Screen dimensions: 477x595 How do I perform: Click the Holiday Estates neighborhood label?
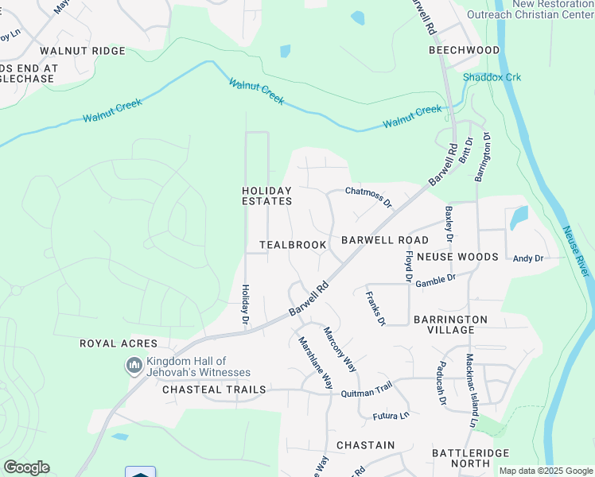coord(267,196)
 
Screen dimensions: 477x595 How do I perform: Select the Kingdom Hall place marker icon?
coord(134,366)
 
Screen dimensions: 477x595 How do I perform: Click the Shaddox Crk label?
coord(492,77)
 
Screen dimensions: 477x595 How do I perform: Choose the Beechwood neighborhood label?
coord(465,50)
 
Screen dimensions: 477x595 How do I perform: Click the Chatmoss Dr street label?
coord(368,196)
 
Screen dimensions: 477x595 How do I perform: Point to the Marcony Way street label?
coord(340,349)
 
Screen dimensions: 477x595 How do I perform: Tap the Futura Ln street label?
coord(391,414)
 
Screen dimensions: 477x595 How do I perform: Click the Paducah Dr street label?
coord(441,385)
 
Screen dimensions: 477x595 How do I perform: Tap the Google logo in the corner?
coord(26,467)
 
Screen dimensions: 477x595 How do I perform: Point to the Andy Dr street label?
coord(528,258)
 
